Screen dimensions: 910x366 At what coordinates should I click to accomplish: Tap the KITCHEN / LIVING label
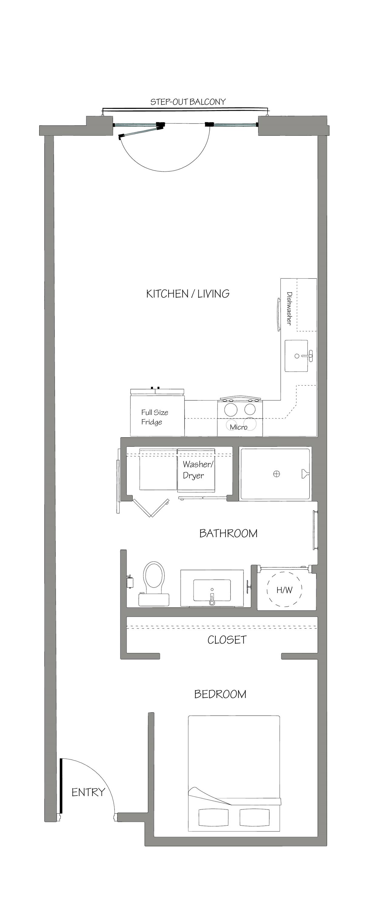click(x=188, y=294)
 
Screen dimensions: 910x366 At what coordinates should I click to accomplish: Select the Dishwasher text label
click(x=289, y=308)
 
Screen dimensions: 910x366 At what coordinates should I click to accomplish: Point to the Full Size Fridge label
click(x=154, y=417)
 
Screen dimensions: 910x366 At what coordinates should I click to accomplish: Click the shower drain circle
click(x=277, y=474)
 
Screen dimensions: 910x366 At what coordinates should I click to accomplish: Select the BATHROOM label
click(x=228, y=534)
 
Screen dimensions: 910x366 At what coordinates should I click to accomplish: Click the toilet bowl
click(x=154, y=575)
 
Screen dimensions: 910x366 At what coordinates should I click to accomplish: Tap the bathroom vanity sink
click(x=212, y=590)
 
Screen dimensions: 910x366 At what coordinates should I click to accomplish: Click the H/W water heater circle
click(x=284, y=590)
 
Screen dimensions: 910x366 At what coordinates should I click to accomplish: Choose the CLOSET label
click(x=227, y=640)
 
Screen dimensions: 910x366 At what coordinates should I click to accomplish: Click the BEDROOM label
click(x=220, y=694)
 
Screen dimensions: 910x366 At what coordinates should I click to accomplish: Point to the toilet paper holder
click(x=130, y=581)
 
